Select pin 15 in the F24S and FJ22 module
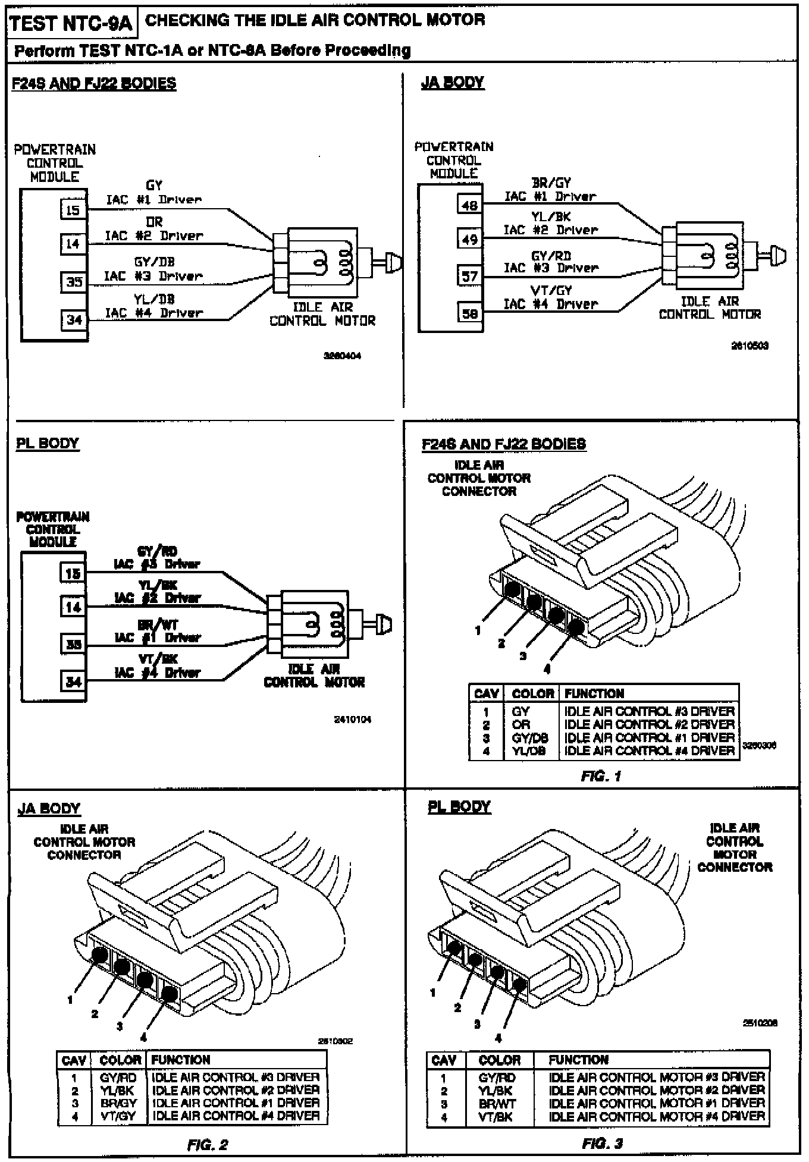(x=73, y=209)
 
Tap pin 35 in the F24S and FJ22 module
(x=74, y=282)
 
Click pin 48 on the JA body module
(x=469, y=205)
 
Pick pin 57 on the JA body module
(x=469, y=276)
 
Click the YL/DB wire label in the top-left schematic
(x=154, y=299)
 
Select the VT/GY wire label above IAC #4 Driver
(x=551, y=291)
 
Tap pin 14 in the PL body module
(x=73, y=607)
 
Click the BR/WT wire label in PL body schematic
(x=158, y=625)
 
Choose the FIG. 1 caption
(x=600, y=776)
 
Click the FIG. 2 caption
(x=207, y=1145)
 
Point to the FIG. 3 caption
(x=602, y=1144)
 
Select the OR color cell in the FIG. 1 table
(x=520, y=724)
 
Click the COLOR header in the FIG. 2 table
(x=120, y=1060)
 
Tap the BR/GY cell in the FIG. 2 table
(x=118, y=1103)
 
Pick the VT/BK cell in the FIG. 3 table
(x=496, y=1117)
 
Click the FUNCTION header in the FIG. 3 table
(x=578, y=1060)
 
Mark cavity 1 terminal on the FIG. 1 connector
(x=512, y=589)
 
